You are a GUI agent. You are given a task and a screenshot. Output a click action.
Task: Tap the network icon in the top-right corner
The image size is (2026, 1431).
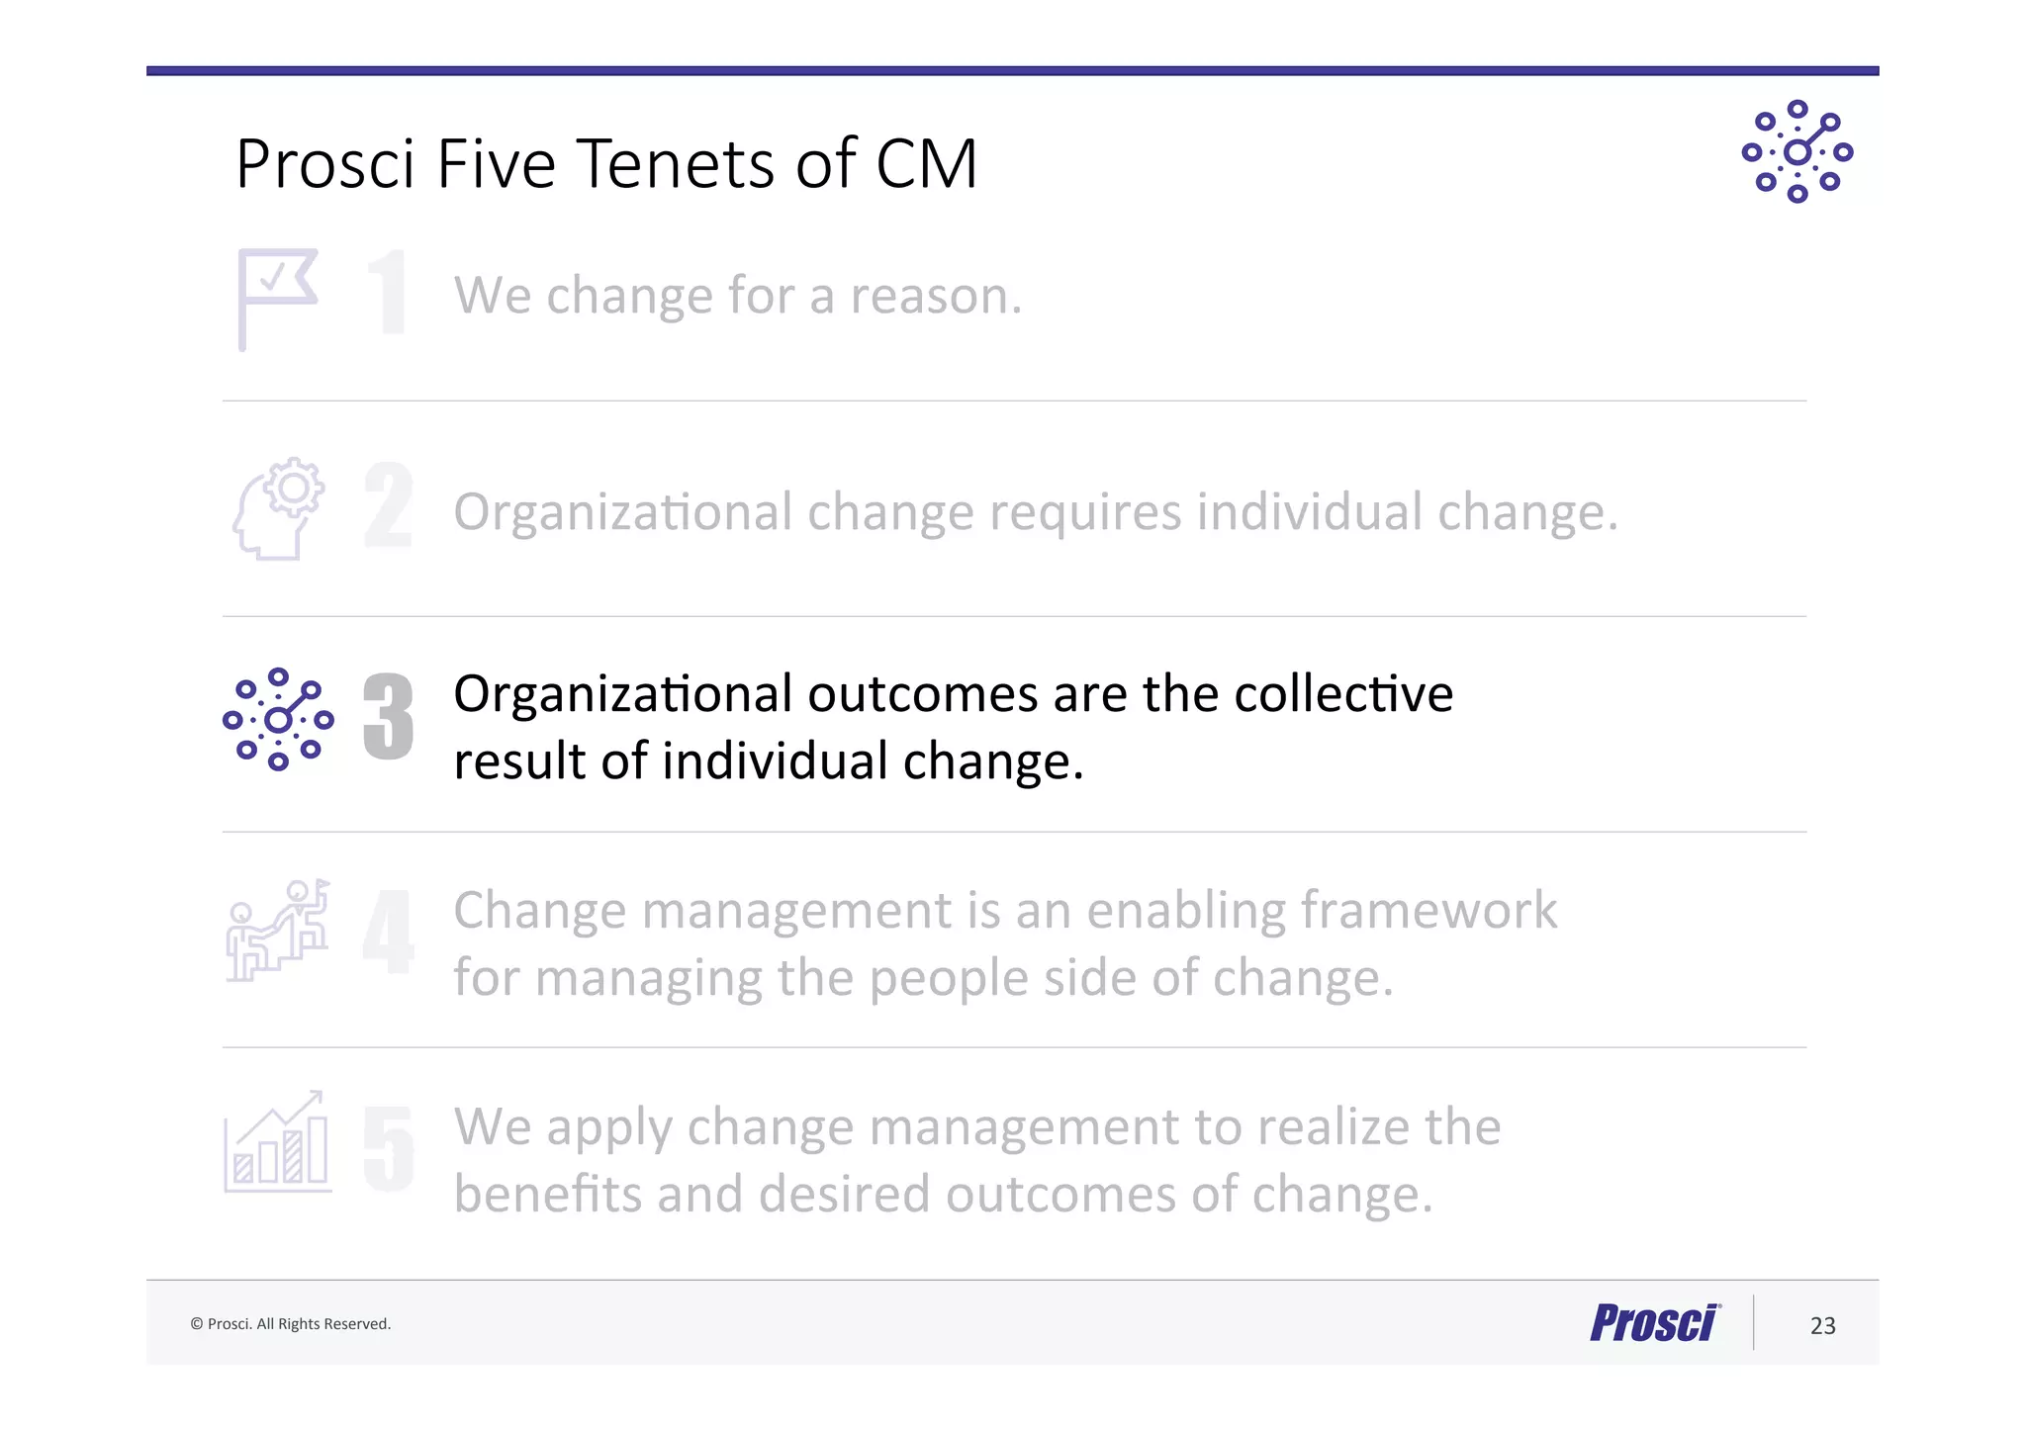[x=1796, y=151]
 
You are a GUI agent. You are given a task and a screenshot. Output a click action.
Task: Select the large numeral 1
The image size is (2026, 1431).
[x=389, y=292]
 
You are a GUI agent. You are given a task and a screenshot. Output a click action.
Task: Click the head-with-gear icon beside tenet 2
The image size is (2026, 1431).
[x=279, y=508]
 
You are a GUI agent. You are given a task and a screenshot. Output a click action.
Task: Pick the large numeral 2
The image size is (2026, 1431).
[x=388, y=505]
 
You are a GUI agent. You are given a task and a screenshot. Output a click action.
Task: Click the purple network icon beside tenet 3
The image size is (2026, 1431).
[x=278, y=719]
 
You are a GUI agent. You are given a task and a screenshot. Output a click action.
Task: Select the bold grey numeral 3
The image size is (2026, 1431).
[x=388, y=717]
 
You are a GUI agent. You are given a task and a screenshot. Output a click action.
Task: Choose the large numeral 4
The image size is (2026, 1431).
[x=388, y=931]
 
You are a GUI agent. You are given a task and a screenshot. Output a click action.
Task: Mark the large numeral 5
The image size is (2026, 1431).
[x=388, y=1147]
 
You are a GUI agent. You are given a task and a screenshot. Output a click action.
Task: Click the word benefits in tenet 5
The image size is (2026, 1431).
[x=548, y=1194]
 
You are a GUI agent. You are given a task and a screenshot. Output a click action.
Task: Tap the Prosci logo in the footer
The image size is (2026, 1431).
[x=1654, y=1323]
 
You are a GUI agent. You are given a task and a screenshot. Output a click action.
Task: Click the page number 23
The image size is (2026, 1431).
[x=1822, y=1325]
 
